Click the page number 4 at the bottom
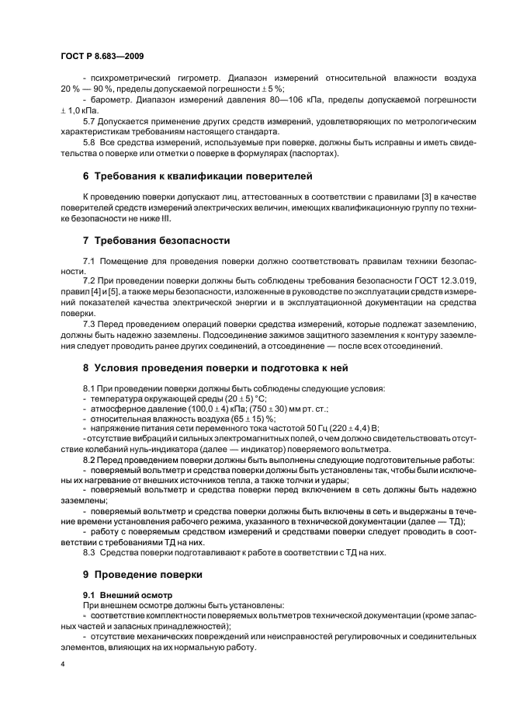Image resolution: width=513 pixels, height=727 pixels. tap(63, 664)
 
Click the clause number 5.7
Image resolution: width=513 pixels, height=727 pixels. tap(89, 122)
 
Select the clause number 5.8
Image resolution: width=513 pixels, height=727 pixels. tap(89, 142)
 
